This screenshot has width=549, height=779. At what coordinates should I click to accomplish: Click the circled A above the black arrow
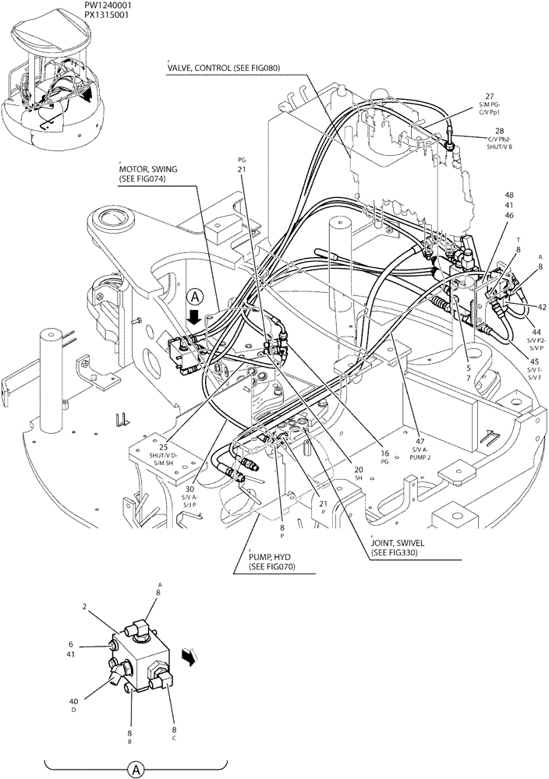[x=195, y=297]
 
